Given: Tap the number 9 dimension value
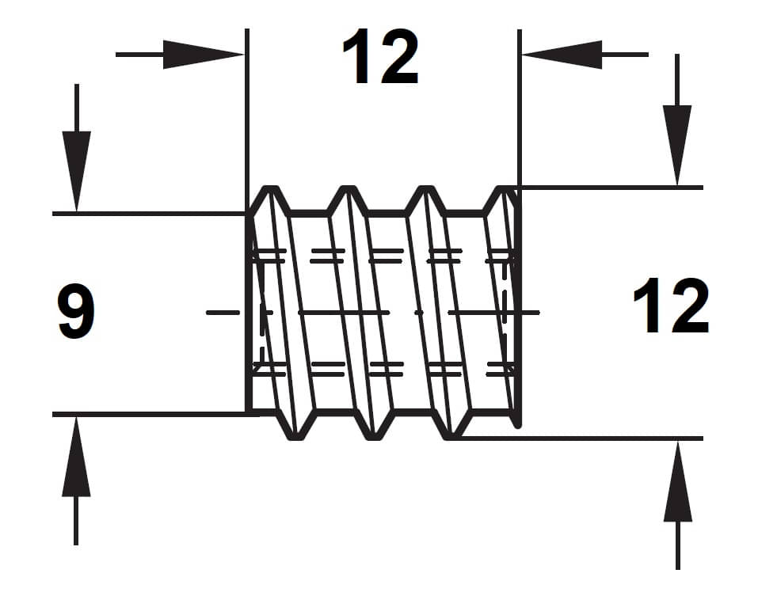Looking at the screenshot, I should (x=77, y=313).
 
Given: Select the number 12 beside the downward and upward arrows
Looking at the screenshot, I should (x=671, y=307).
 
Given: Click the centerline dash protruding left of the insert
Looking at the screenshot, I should (x=223, y=313).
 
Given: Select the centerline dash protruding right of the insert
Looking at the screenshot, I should (x=529, y=313).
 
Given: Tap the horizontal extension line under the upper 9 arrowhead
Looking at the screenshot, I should (x=143, y=214).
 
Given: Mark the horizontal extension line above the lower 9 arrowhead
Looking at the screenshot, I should (x=143, y=414).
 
